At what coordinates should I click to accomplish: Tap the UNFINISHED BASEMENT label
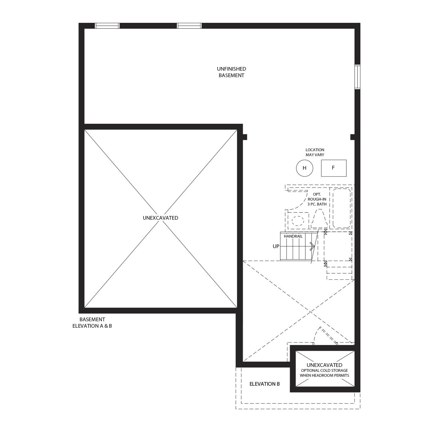(231, 72)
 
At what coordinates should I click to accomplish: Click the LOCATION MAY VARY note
(315, 152)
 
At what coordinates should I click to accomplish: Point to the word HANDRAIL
(293, 236)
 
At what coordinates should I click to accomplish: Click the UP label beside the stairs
(276, 246)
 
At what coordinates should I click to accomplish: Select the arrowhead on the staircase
(313, 246)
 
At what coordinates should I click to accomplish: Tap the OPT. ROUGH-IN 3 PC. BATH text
(317, 199)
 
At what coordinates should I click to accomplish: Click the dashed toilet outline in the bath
(318, 218)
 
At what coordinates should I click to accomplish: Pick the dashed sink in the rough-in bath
(298, 221)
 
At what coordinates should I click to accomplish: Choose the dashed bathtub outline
(341, 208)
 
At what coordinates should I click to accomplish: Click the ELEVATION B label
(264, 384)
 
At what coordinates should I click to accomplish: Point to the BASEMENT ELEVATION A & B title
(92, 323)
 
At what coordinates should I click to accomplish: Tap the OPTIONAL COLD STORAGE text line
(324, 371)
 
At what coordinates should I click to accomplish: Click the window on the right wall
(357, 77)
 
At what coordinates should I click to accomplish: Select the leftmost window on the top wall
(107, 26)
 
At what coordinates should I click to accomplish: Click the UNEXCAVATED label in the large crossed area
(160, 218)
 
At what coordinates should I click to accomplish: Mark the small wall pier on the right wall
(352, 137)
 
